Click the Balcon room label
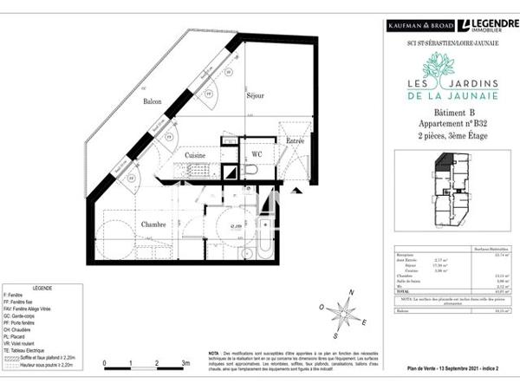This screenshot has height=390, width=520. coord(153,101)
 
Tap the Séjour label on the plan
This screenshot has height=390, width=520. coord(255,96)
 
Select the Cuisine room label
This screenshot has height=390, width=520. coord(194,155)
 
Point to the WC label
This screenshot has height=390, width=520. coord(257,154)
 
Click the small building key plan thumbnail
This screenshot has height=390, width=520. coord(449,186)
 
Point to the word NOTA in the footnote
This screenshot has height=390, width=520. coord(214,354)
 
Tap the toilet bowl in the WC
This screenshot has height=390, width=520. coord(250,170)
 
